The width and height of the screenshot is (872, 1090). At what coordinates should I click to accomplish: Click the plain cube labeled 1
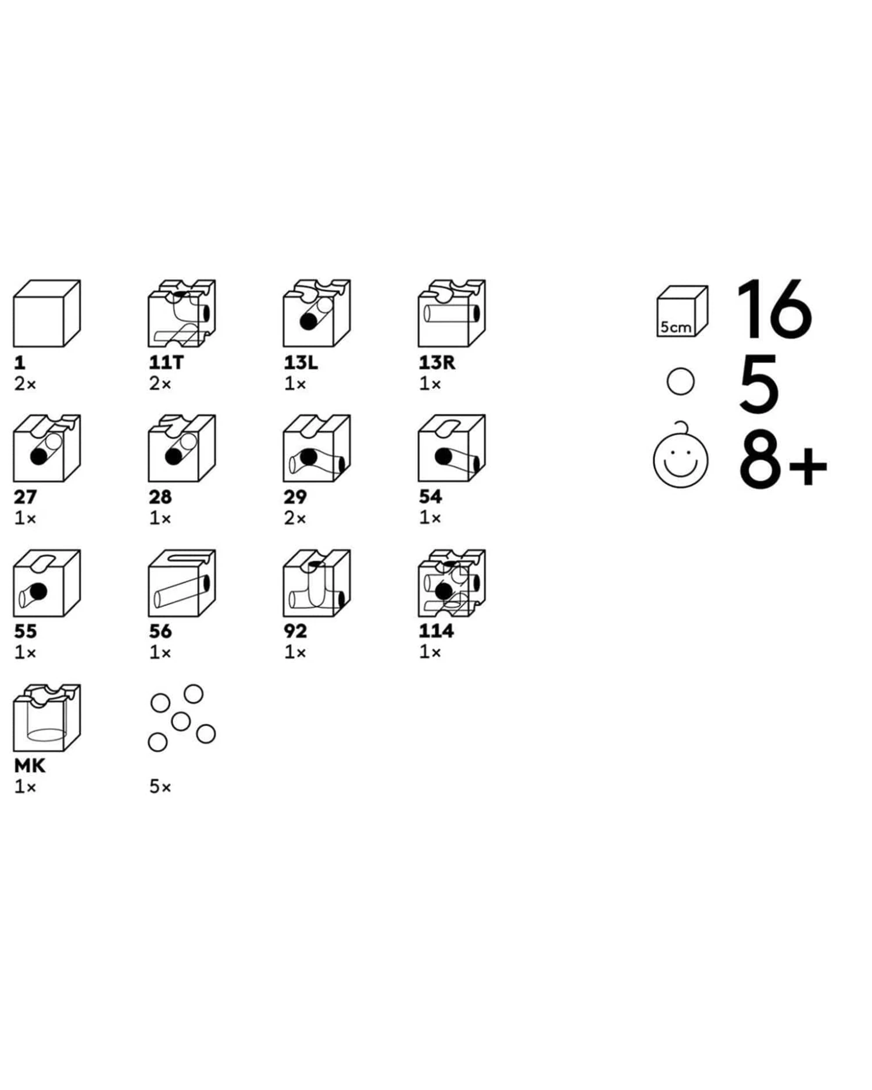(47, 313)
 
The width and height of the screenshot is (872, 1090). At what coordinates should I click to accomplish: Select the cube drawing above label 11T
(181, 313)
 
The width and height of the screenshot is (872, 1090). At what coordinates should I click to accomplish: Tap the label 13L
(301, 363)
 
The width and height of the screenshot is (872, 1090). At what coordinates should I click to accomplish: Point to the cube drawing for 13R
(452, 313)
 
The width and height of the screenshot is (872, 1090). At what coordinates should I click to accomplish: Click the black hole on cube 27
(38, 457)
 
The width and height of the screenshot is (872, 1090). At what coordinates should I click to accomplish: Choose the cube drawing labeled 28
(181, 448)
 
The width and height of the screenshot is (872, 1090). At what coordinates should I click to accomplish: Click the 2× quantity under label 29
(295, 517)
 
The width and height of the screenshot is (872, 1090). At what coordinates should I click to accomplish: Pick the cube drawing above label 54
(452, 448)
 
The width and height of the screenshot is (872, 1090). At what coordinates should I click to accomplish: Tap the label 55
(25, 631)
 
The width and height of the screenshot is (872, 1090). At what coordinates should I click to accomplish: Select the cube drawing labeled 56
(181, 583)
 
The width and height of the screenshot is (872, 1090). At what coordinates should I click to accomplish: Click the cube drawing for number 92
(317, 583)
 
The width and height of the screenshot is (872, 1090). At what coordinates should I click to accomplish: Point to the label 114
(436, 631)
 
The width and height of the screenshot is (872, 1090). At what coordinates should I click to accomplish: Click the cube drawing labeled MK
(47, 718)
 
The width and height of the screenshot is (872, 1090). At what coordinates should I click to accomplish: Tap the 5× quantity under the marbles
(160, 787)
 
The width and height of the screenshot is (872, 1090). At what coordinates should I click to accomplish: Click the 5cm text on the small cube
(676, 327)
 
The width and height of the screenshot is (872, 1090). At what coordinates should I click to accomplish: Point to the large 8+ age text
(782, 460)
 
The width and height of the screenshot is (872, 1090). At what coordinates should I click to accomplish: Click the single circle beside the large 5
(681, 382)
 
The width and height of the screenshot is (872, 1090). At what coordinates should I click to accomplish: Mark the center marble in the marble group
(181, 721)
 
